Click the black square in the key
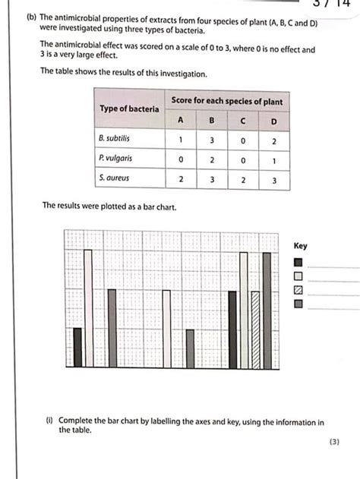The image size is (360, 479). click(x=298, y=262)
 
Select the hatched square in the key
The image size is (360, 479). click(x=298, y=290)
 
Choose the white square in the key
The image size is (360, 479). click(x=298, y=276)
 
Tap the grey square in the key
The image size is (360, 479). click(x=298, y=304)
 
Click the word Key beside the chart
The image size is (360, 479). click(x=301, y=246)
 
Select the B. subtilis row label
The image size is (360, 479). click(x=114, y=140)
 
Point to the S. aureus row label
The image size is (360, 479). click(x=114, y=179)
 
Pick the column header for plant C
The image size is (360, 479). click(x=242, y=121)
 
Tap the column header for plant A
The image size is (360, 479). click(x=181, y=121)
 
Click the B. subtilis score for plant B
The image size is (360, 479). click(x=212, y=140)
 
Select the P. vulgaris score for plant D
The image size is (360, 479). click(x=273, y=160)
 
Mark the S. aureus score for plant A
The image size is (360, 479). click(x=181, y=180)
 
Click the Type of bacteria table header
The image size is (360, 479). click(x=130, y=109)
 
